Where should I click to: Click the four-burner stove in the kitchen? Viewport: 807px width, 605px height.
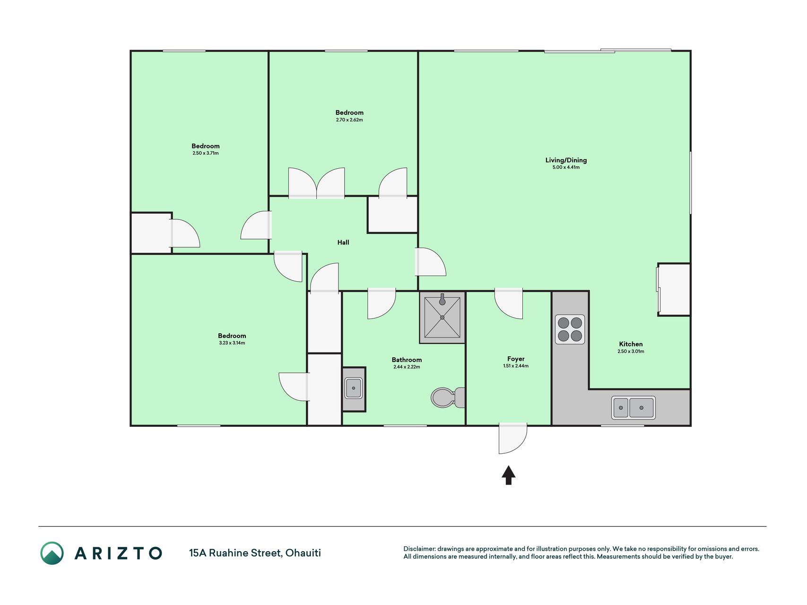coord(570,329)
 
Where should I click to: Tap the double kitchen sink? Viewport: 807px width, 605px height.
coord(633,407)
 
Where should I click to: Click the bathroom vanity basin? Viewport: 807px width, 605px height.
coord(353,388)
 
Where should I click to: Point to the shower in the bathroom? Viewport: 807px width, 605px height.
coord(442,317)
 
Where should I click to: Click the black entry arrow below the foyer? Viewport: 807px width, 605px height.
coord(509,475)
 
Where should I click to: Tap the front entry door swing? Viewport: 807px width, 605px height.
coord(512,439)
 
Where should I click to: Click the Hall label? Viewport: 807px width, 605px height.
coord(343,242)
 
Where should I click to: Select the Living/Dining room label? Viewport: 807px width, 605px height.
coord(566,160)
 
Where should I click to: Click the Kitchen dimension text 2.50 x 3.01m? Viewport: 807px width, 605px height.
coord(631,351)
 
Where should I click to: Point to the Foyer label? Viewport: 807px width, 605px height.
coord(516,359)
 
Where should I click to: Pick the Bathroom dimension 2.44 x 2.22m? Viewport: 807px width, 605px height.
coord(407,367)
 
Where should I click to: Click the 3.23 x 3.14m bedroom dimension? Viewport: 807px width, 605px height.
coord(232,343)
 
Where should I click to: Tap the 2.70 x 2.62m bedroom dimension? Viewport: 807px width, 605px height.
coord(349,120)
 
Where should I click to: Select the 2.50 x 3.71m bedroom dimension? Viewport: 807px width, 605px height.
coord(206,153)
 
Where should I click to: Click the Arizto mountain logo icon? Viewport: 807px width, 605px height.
coord(52,553)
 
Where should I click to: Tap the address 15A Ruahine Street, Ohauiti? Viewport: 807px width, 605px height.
coord(255,553)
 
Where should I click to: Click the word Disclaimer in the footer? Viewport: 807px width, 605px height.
coord(419,549)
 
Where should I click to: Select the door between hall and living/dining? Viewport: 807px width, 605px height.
coord(430,262)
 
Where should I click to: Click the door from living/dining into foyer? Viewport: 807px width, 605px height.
coord(509,303)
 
